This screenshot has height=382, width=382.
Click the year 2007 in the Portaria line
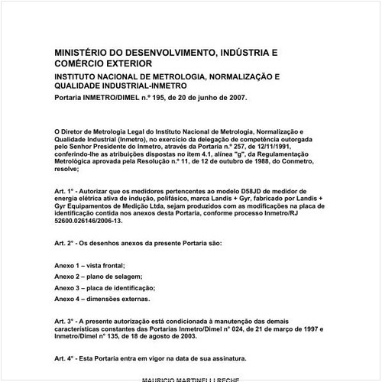[235, 98]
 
